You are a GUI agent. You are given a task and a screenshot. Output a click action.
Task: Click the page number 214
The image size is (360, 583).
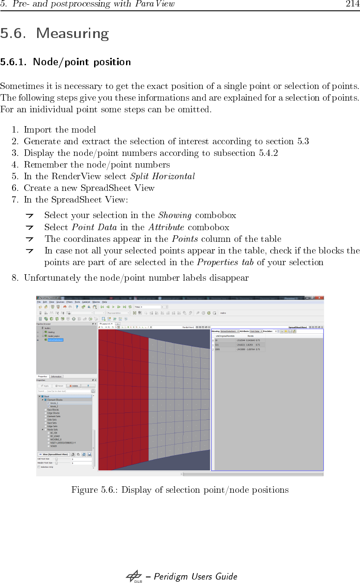coord(352,4)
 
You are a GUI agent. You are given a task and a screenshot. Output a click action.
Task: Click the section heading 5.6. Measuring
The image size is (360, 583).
coord(54,33)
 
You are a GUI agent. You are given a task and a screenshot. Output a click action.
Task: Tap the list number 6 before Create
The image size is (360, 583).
coord(15,188)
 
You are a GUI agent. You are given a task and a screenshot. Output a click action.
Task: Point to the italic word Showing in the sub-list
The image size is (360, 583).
coord(175,215)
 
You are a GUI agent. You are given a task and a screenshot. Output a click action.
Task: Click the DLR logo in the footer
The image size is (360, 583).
coord(134,577)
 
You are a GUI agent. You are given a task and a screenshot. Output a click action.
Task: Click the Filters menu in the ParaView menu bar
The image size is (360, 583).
coord(69,302)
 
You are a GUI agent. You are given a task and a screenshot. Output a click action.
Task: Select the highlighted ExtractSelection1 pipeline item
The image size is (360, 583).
coord(55,340)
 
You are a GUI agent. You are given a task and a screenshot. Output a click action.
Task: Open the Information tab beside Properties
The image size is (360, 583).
coord(57,377)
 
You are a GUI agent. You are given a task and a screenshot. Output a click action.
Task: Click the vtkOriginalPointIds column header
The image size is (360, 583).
coord(225,336)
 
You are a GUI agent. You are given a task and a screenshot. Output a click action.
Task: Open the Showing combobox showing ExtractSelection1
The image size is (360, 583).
coord(230,331)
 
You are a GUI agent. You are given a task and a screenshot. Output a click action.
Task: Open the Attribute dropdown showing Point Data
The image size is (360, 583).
coord(256,331)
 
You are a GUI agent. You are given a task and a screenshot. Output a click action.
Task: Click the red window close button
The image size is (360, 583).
coord(320,298)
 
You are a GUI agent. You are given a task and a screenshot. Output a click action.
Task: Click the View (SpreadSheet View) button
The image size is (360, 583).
coord(53,454)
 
